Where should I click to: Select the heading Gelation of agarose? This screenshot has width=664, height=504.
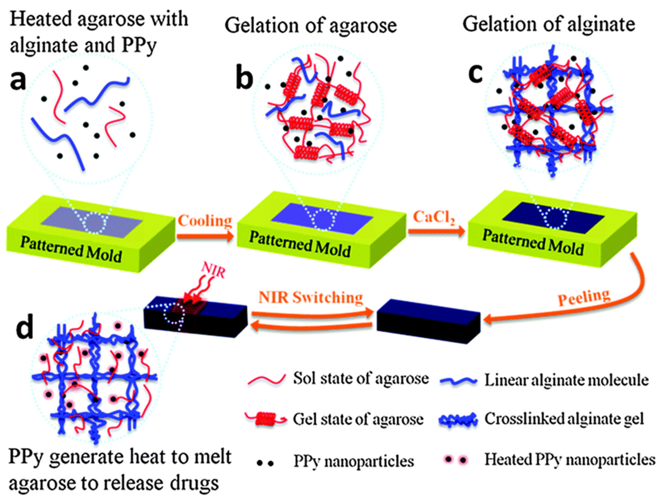click(311, 26)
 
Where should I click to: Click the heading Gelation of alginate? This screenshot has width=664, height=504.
click(549, 24)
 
